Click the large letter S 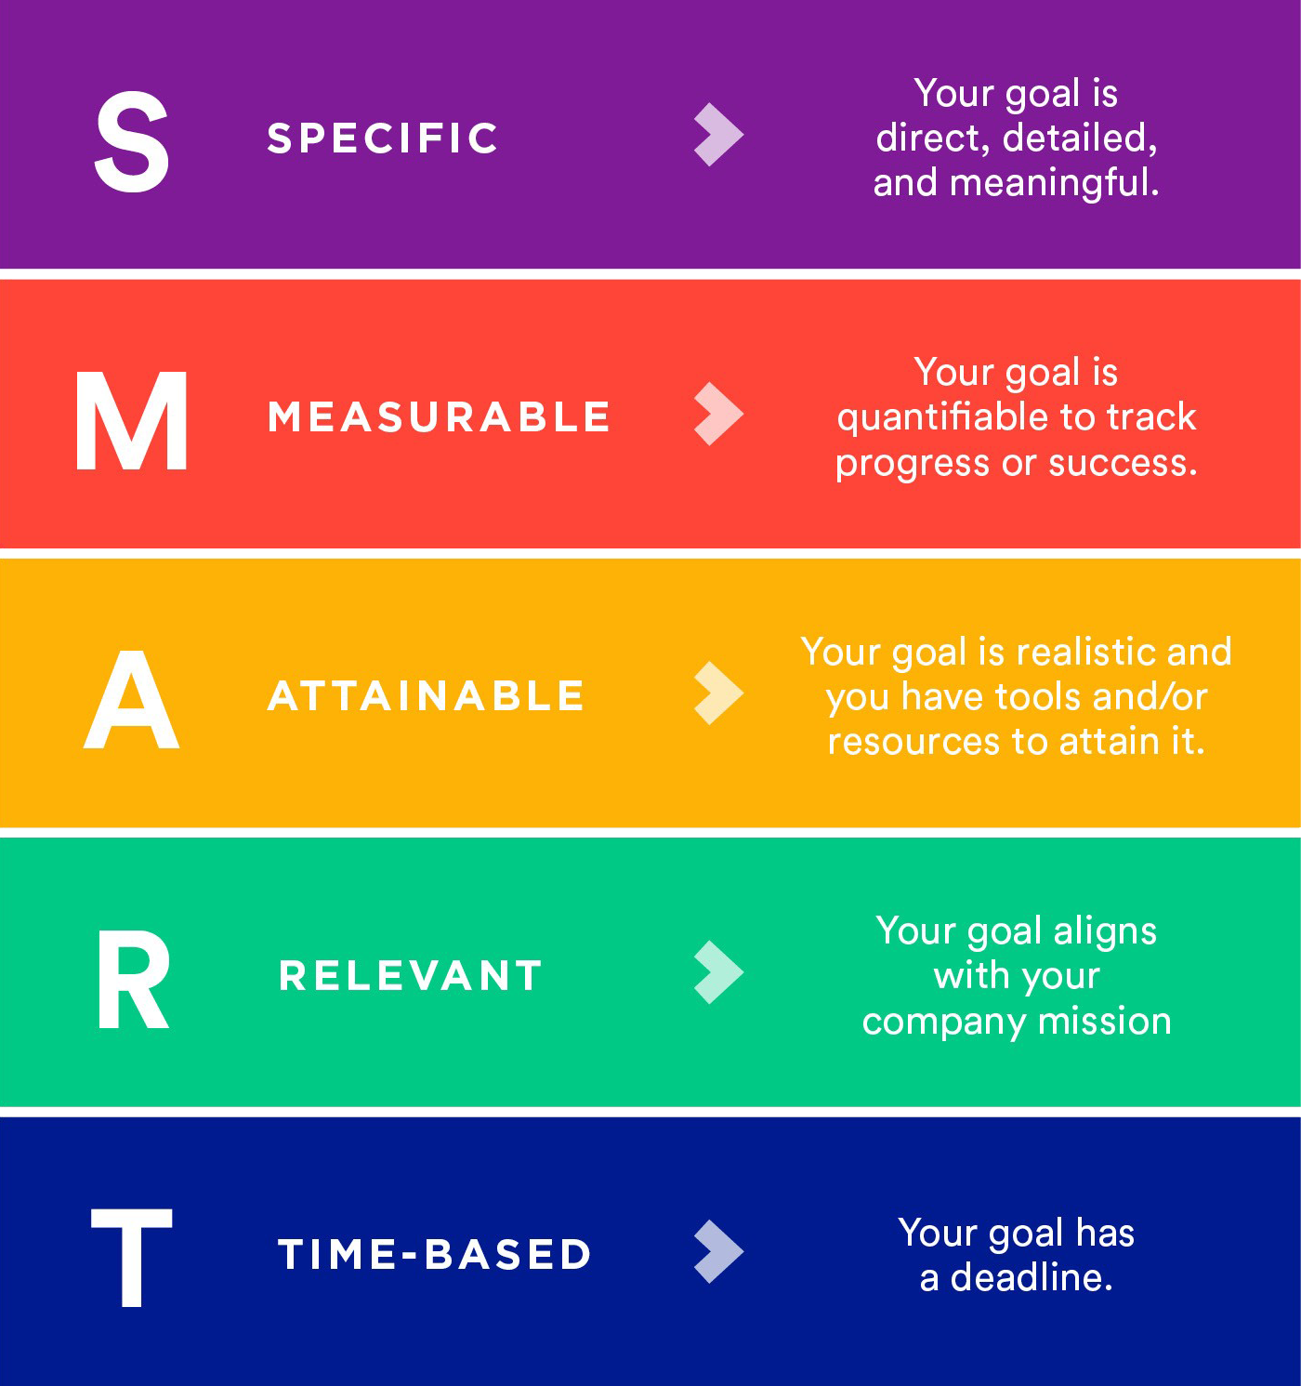(x=132, y=142)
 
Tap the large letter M (x=132, y=421)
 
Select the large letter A (x=132, y=700)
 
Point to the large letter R (x=134, y=981)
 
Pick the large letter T (x=132, y=1258)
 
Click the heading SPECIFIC (x=383, y=139)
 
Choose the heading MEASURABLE (x=439, y=417)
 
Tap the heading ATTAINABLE (x=427, y=696)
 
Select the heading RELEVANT (x=411, y=976)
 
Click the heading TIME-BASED (x=435, y=1255)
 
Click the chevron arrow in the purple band (x=718, y=135)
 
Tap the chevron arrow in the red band (x=718, y=414)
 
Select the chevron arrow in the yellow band (x=718, y=693)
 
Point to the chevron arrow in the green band (x=718, y=972)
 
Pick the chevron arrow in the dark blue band (x=718, y=1251)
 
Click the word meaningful (x=1055, y=183)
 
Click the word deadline (x=1032, y=1278)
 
